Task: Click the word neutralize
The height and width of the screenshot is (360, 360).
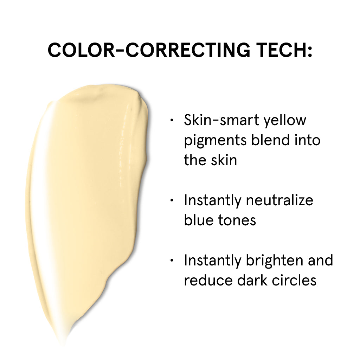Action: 279,200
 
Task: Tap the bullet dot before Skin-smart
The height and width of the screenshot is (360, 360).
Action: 172,120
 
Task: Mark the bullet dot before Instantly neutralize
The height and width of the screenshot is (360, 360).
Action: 172,200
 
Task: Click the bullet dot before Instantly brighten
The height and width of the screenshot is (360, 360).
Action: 172,261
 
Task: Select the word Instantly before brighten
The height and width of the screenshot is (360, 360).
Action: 212,261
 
